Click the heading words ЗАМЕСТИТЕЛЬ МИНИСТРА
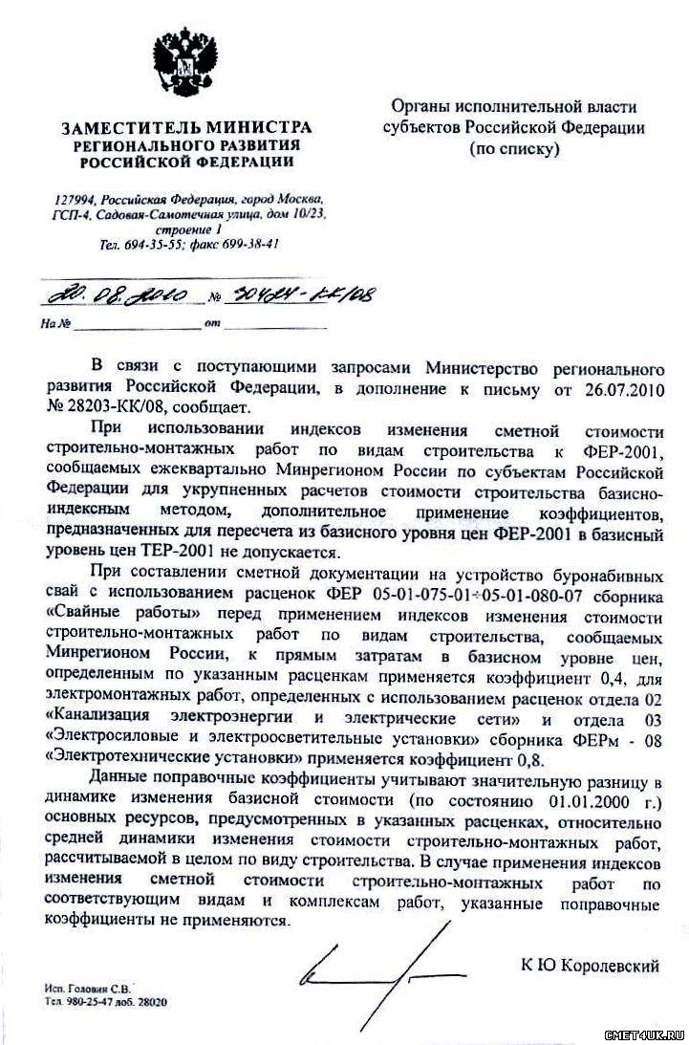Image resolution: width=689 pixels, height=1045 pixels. pos(187,127)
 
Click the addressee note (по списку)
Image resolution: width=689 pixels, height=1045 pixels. pos(514,149)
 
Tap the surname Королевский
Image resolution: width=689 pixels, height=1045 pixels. pos(609,967)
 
